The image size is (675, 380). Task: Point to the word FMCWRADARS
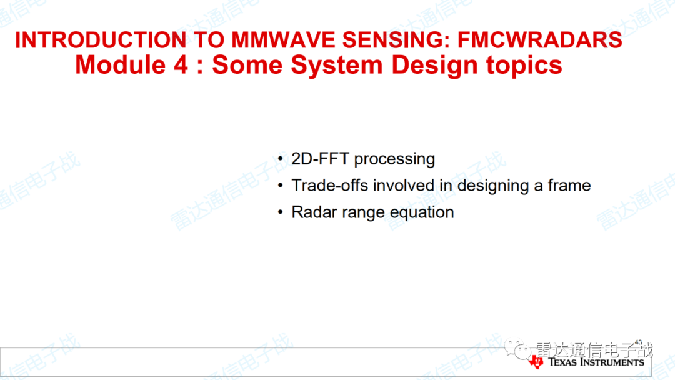[540, 40]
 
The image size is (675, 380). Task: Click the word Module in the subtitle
[121, 65]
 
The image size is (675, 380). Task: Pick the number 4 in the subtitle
[181, 65]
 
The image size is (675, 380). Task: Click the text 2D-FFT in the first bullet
[320, 159]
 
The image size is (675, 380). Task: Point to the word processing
[394, 159]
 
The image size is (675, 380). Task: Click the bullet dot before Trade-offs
[281, 186]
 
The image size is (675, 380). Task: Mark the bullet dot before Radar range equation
[281, 212]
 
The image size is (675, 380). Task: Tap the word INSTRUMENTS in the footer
[612, 362]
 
